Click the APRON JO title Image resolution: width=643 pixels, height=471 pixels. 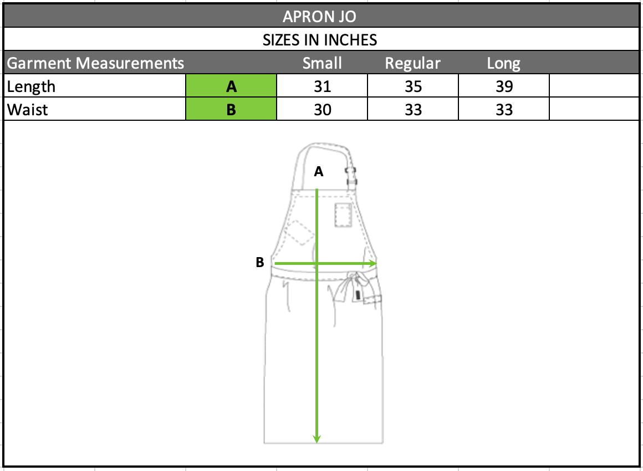[x=319, y=17]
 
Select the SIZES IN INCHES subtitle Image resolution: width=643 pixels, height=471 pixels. [x=320, y=40]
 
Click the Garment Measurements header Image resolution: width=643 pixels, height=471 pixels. [x=95, y=63]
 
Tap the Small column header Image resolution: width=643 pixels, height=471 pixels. [x=322, y=63]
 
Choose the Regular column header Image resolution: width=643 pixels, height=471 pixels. [x=412, y=64]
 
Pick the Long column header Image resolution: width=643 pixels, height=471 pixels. [x=503, y=64]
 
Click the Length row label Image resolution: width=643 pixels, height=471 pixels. [x=31, y=86]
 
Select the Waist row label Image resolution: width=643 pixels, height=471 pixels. [x=28, y=110]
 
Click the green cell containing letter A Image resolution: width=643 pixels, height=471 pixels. [x=231, y=86]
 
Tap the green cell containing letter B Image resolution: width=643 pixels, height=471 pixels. [x=231, y=109]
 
